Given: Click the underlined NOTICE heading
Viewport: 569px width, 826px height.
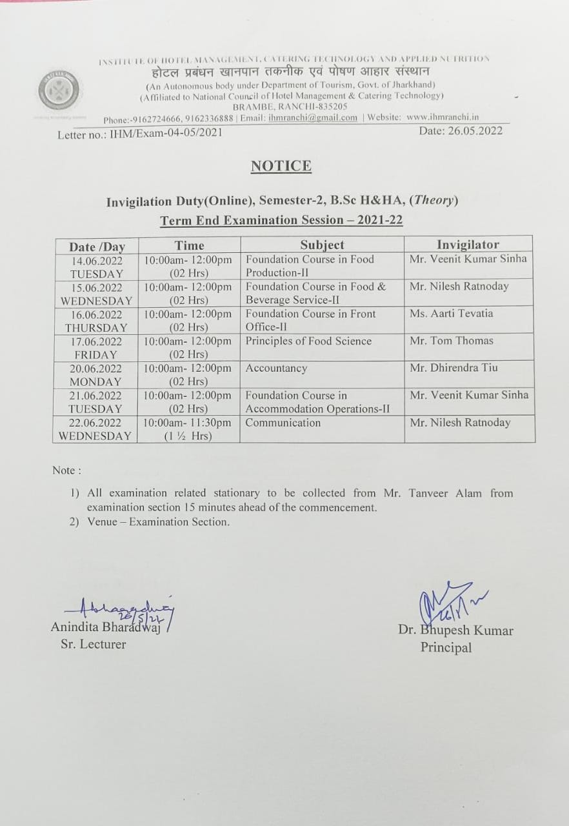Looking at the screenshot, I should click(281, 166).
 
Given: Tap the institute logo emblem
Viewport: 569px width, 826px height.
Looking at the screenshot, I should click(59, 90).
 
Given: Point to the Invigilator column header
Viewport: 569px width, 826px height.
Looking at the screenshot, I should click(468, 245).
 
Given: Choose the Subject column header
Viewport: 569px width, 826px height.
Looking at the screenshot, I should click(322, 245).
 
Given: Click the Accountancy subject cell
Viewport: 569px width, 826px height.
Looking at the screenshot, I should click(276, 368).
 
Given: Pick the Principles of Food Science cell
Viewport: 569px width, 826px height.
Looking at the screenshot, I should click(308, 341).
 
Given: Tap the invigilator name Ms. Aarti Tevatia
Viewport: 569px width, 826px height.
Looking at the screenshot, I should click(451, 314).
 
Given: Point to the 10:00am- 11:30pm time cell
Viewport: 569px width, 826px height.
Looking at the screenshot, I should click(187, 429).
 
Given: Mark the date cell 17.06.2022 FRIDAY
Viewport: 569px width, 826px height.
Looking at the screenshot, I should click(95, 347).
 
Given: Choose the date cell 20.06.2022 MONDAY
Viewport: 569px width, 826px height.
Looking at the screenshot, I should click(95, 374).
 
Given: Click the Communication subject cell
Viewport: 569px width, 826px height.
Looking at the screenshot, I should click(283, 423).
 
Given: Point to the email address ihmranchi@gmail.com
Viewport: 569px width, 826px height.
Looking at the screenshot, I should click(312, 117).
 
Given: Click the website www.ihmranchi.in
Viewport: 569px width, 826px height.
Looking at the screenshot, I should click(443, 117).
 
